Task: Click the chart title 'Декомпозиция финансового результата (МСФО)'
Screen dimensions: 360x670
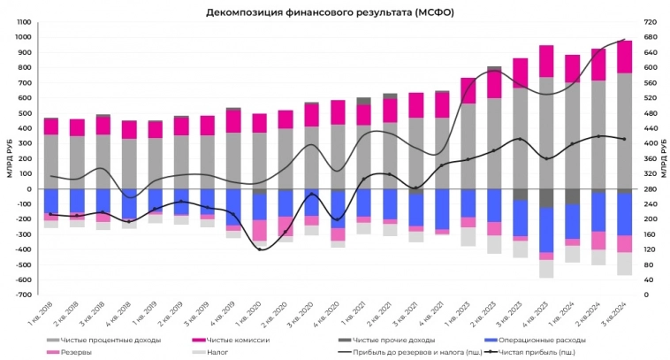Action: click(x=335, y=11)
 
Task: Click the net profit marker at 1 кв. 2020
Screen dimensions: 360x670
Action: click(x=260, y=249)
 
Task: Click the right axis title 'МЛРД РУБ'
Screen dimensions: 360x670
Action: click(x=662, y=157)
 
